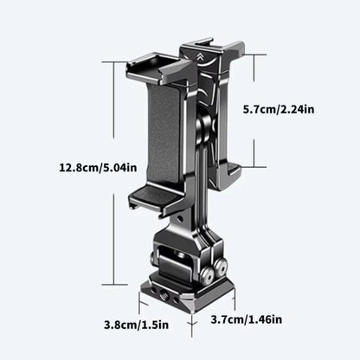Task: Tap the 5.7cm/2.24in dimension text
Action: [x=279, y=110]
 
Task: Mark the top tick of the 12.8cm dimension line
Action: [x=116, y=62]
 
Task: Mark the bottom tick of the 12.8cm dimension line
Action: [x=116, y=284]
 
